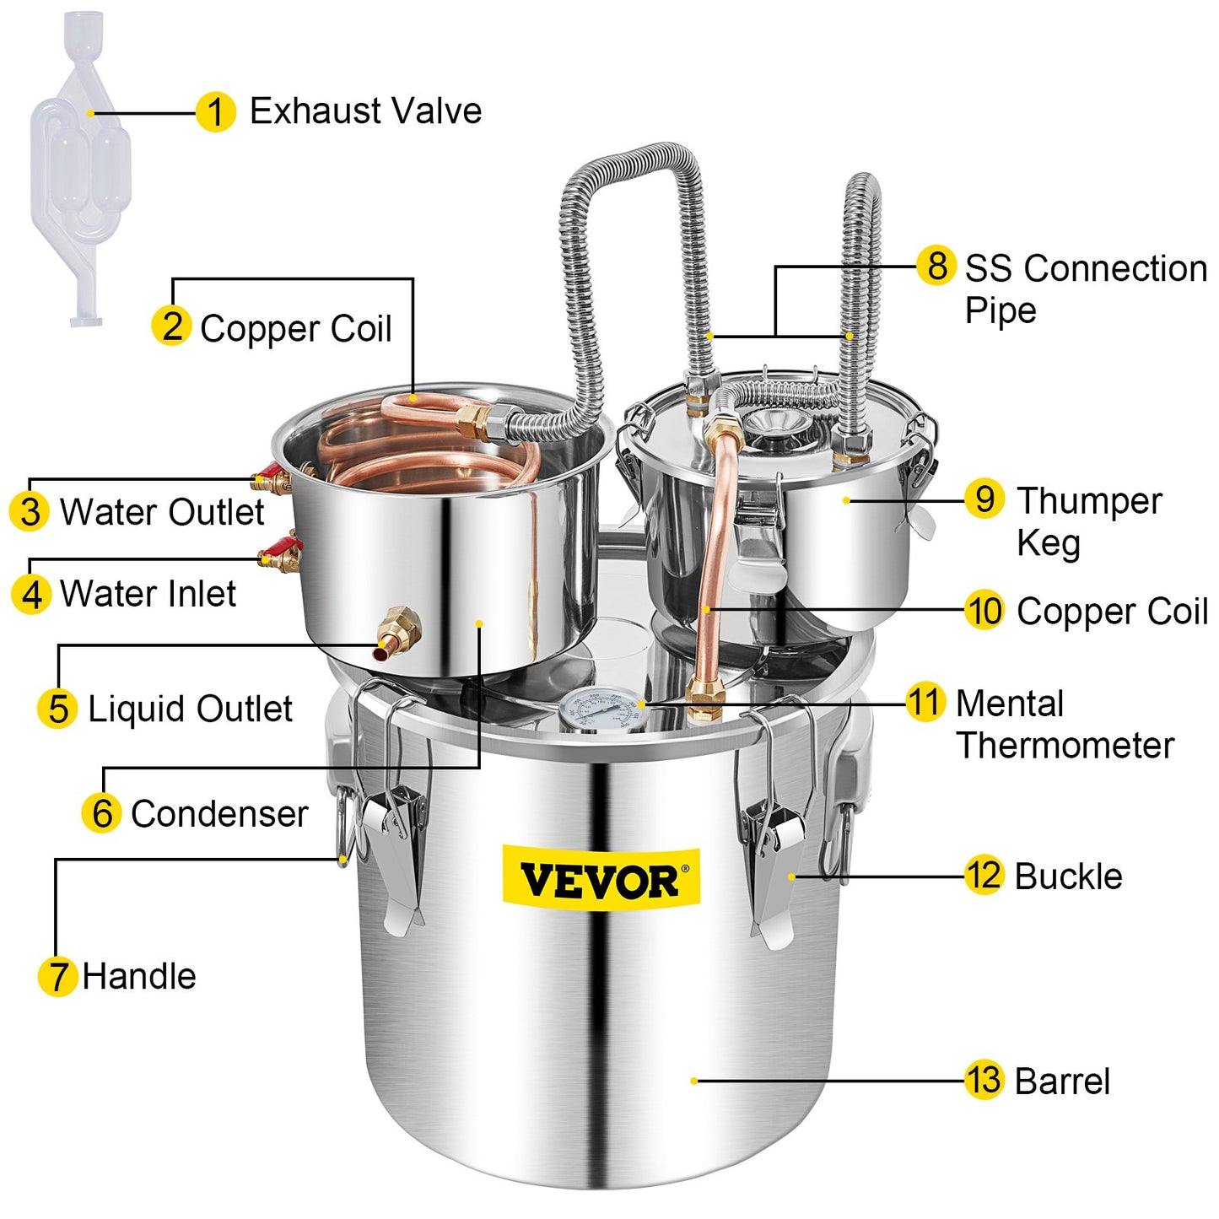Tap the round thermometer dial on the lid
[603, 709]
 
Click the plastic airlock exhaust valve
[80, 169]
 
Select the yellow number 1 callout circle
[215, 112]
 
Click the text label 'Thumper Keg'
[1088, 521]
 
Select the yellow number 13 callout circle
[984, 1080]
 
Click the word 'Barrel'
[1062, 1081]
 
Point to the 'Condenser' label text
[219, 814]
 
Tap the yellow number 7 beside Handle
[57, 977]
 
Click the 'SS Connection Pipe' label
[1085, 289]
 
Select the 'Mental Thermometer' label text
[1065, 724]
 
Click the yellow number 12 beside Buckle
[984, 876]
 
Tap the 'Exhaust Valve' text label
[365, 111]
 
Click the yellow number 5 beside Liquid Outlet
[57, 709]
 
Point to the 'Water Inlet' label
[148, 594]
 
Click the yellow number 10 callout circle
[984, 611]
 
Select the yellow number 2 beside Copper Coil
[171, 326]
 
